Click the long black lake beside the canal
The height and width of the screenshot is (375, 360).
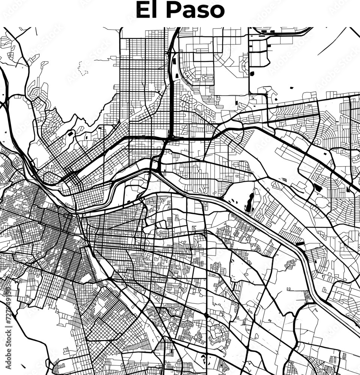pos(249,202)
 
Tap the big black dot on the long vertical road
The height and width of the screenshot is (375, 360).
pos(206,316)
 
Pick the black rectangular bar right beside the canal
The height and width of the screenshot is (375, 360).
pos(300,244)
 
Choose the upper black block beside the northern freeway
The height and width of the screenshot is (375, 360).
pos(174,60)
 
